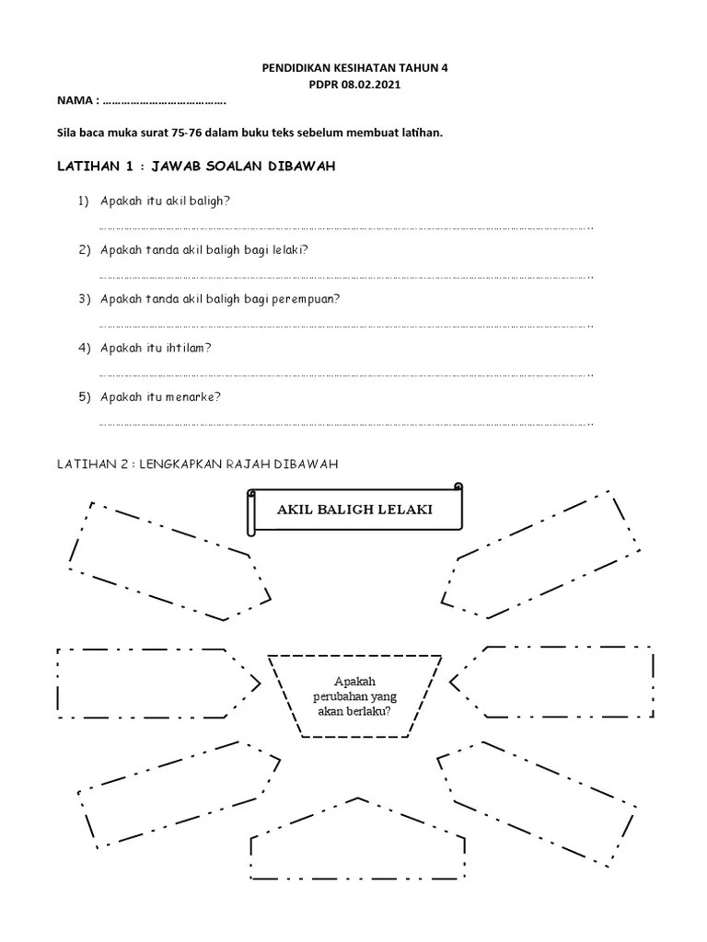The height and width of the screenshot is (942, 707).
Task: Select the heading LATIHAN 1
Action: coord(99,167)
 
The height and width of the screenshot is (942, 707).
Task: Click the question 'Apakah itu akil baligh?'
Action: coord(166,201)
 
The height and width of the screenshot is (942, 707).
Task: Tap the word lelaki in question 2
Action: coord(288,249)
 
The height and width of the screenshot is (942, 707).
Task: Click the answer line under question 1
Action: coord(345,227)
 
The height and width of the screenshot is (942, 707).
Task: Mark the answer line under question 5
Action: coord(345,424)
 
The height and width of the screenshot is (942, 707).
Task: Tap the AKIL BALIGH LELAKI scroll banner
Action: coord(354,511)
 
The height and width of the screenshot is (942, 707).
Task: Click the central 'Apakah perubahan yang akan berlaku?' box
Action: coord(354,695)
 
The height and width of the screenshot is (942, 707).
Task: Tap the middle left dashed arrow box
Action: coord(152,683)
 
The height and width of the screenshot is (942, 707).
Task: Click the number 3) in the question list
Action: coord(84,299)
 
